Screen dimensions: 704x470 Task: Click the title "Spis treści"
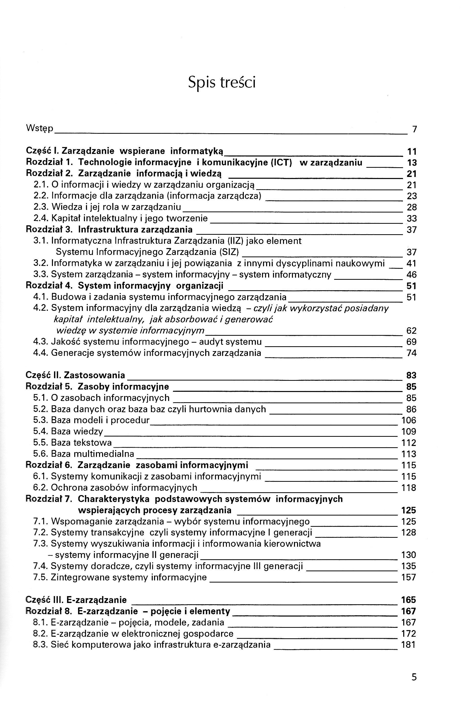coord(222,82)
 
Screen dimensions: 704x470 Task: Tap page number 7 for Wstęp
coord(414,129)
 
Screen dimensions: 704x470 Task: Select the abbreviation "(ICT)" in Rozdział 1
coord(281,162)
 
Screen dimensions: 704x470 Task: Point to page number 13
coord(412,163)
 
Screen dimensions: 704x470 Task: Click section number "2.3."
coord(41,207)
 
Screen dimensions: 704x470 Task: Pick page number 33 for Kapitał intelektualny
coord(412,218)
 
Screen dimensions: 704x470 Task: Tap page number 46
coord(412,275)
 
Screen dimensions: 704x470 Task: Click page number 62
coord(412,331)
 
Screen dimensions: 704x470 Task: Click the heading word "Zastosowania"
coord(94,375)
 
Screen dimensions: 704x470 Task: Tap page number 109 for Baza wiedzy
coord(409,432)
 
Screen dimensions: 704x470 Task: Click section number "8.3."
coord(41,645)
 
